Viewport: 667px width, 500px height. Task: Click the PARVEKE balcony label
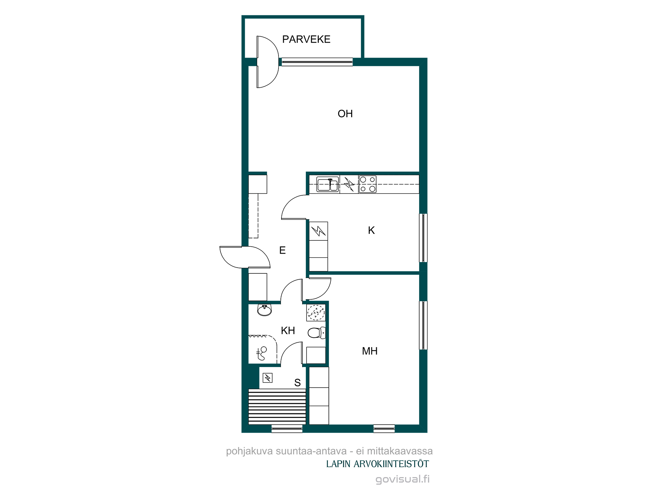[306, 39]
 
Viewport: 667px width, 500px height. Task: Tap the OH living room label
[345, 114]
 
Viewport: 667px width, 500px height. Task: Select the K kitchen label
[371, 230]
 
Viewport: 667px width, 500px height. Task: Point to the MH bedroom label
[370, 351]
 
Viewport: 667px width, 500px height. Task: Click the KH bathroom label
[288, 331]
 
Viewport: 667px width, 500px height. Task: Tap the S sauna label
[297, 383]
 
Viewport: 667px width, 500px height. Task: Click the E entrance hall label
[282, 250]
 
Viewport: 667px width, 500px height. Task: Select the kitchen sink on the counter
[327, 184]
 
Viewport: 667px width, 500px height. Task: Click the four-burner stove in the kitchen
[368, 184]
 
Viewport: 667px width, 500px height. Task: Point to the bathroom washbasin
[264, 310]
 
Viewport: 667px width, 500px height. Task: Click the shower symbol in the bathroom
[261, 354]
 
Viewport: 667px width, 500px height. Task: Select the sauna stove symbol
[268, 378]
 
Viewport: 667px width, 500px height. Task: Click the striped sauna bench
[277, 407]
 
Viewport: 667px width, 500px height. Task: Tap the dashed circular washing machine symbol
[316, 313]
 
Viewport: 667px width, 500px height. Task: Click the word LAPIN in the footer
[338, 464]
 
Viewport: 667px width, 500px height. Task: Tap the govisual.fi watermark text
[403, 479]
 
